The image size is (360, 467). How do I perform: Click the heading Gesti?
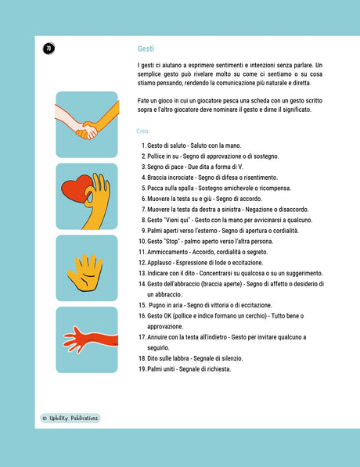pyautogui.click(x=146, y=48)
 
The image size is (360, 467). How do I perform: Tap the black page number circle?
pyautogui.click(x=49, y=48)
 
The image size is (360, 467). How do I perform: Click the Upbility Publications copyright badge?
pyautogui.click(x=70, y=419)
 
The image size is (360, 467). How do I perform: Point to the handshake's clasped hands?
pyautogui.click(x=87, y=131)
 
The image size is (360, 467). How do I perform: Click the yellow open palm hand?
pyautogui.click(x=85, y=272)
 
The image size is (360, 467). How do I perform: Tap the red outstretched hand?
pyautogui.click(x=90, y=339)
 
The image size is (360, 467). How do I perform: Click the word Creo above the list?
pyautogui.click(x=143, y=131)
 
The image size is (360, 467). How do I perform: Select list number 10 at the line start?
pyautogui.click(x=142, y=241)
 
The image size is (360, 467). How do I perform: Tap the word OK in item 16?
pyautogui.click(x=167, y=316)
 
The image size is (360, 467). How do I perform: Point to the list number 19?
pyautogui.click(x=142, y=369)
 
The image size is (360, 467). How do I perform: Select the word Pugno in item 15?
pyautogui.click(x=157, y=305)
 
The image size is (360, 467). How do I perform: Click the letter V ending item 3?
pyautogui.click(x=240, y=167)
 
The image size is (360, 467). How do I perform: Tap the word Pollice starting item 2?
pyautogui.click(x=156, y=156)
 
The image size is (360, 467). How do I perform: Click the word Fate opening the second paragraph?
pyautogui.click(x=143, y=101)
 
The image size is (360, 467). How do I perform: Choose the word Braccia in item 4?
pyautogui.click(x=157, y=178)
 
